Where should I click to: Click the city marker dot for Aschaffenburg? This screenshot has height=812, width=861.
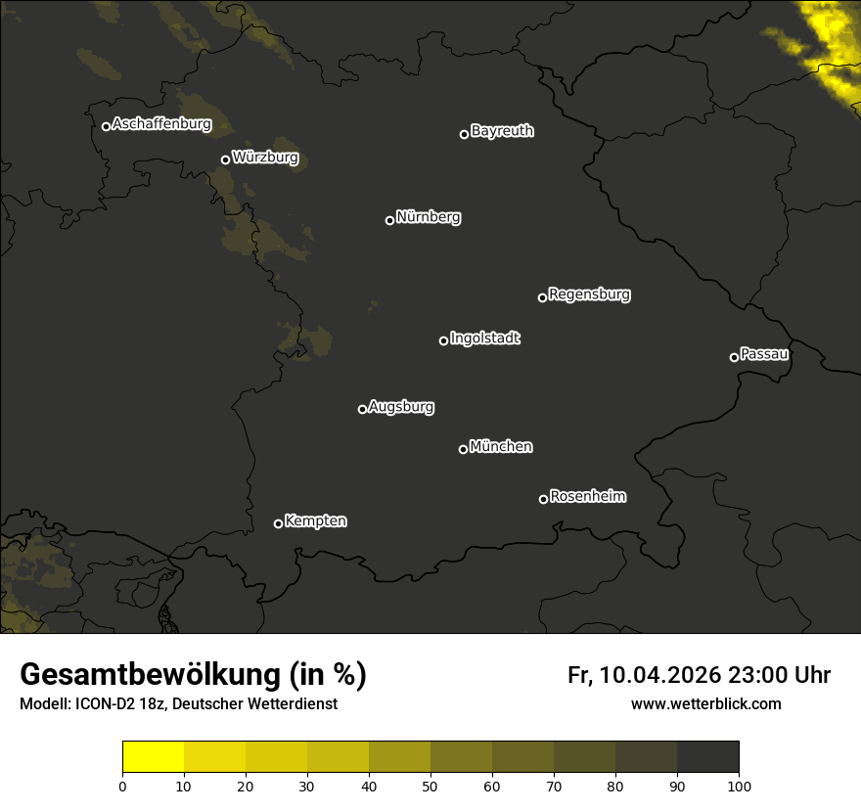pyautogui.click(x=106, y=126)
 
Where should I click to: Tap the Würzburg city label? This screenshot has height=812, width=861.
pyautogui.click(x=265, y=158)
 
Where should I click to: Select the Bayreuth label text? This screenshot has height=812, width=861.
pyautogui.click(x=502, y=131)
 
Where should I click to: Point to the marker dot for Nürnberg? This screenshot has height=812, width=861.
pyautogui.click(x=389, y=220)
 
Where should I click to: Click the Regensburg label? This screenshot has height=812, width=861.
pyautogui.click(x=589, y=294)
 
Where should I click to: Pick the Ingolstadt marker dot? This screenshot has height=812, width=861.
pyautogui.click(x=443, y=340)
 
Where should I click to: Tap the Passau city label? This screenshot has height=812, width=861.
pyautogui.click(x=764, y=354)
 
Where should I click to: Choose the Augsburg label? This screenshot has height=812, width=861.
pyautogui.click(x=401, y=407)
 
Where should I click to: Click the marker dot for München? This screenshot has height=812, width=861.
pyautogui.click(x=463, y=450)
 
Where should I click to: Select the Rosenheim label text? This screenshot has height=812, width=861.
pyautogui.click(x=588, y=497)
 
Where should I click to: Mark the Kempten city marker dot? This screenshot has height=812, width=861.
pyautogui.click(x=278, y=523)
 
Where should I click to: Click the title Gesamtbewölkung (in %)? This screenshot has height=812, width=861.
pyautogui.click(x=193, y=675)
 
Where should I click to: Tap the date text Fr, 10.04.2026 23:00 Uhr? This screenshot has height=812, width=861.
pyautogui.click(x=699, y=675)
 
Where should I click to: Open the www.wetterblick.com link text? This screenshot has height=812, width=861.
pyautogui.click(x=705, y=704)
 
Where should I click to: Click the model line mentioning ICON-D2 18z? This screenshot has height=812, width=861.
pyautogui.click(x=178, y=704)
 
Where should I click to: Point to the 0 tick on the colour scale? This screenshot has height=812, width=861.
pyautogui.click(x=122, y=785)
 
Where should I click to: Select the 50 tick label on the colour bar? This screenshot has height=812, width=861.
pyautogui.click(x=430, y=785)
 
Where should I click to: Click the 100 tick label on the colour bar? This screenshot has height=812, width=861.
pyautogui.click(x=739, y=785)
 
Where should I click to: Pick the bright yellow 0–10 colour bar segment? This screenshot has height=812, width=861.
pyautogui.click(x=154, y=757)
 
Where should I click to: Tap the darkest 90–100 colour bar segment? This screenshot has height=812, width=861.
pyautogui.click(x=707, y=757)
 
